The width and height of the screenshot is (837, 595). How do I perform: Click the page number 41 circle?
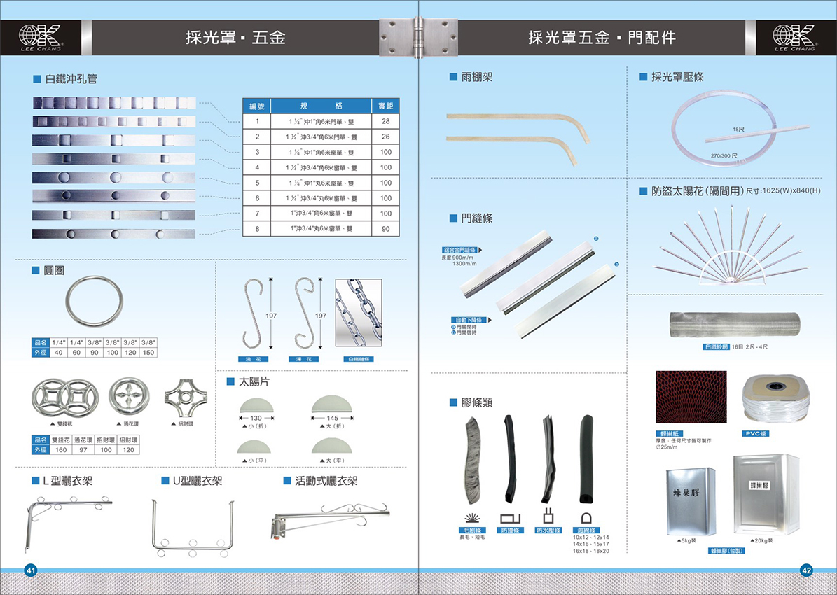coord(31,570)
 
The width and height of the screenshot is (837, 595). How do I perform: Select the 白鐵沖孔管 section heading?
coord(70,79)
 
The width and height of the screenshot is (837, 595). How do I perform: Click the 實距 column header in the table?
coord(385,106)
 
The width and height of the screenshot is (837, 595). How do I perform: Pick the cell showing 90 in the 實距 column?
coord(385,229)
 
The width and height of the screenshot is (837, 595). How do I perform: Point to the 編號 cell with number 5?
coord(257,183)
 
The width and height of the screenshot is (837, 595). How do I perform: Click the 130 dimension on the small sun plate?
coord(256,418)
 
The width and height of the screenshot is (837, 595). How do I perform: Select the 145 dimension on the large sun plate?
coord(333,418)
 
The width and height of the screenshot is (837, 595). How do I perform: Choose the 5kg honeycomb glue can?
coord(687,500)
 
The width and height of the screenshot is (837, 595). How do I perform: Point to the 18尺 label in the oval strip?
coord(738,129)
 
